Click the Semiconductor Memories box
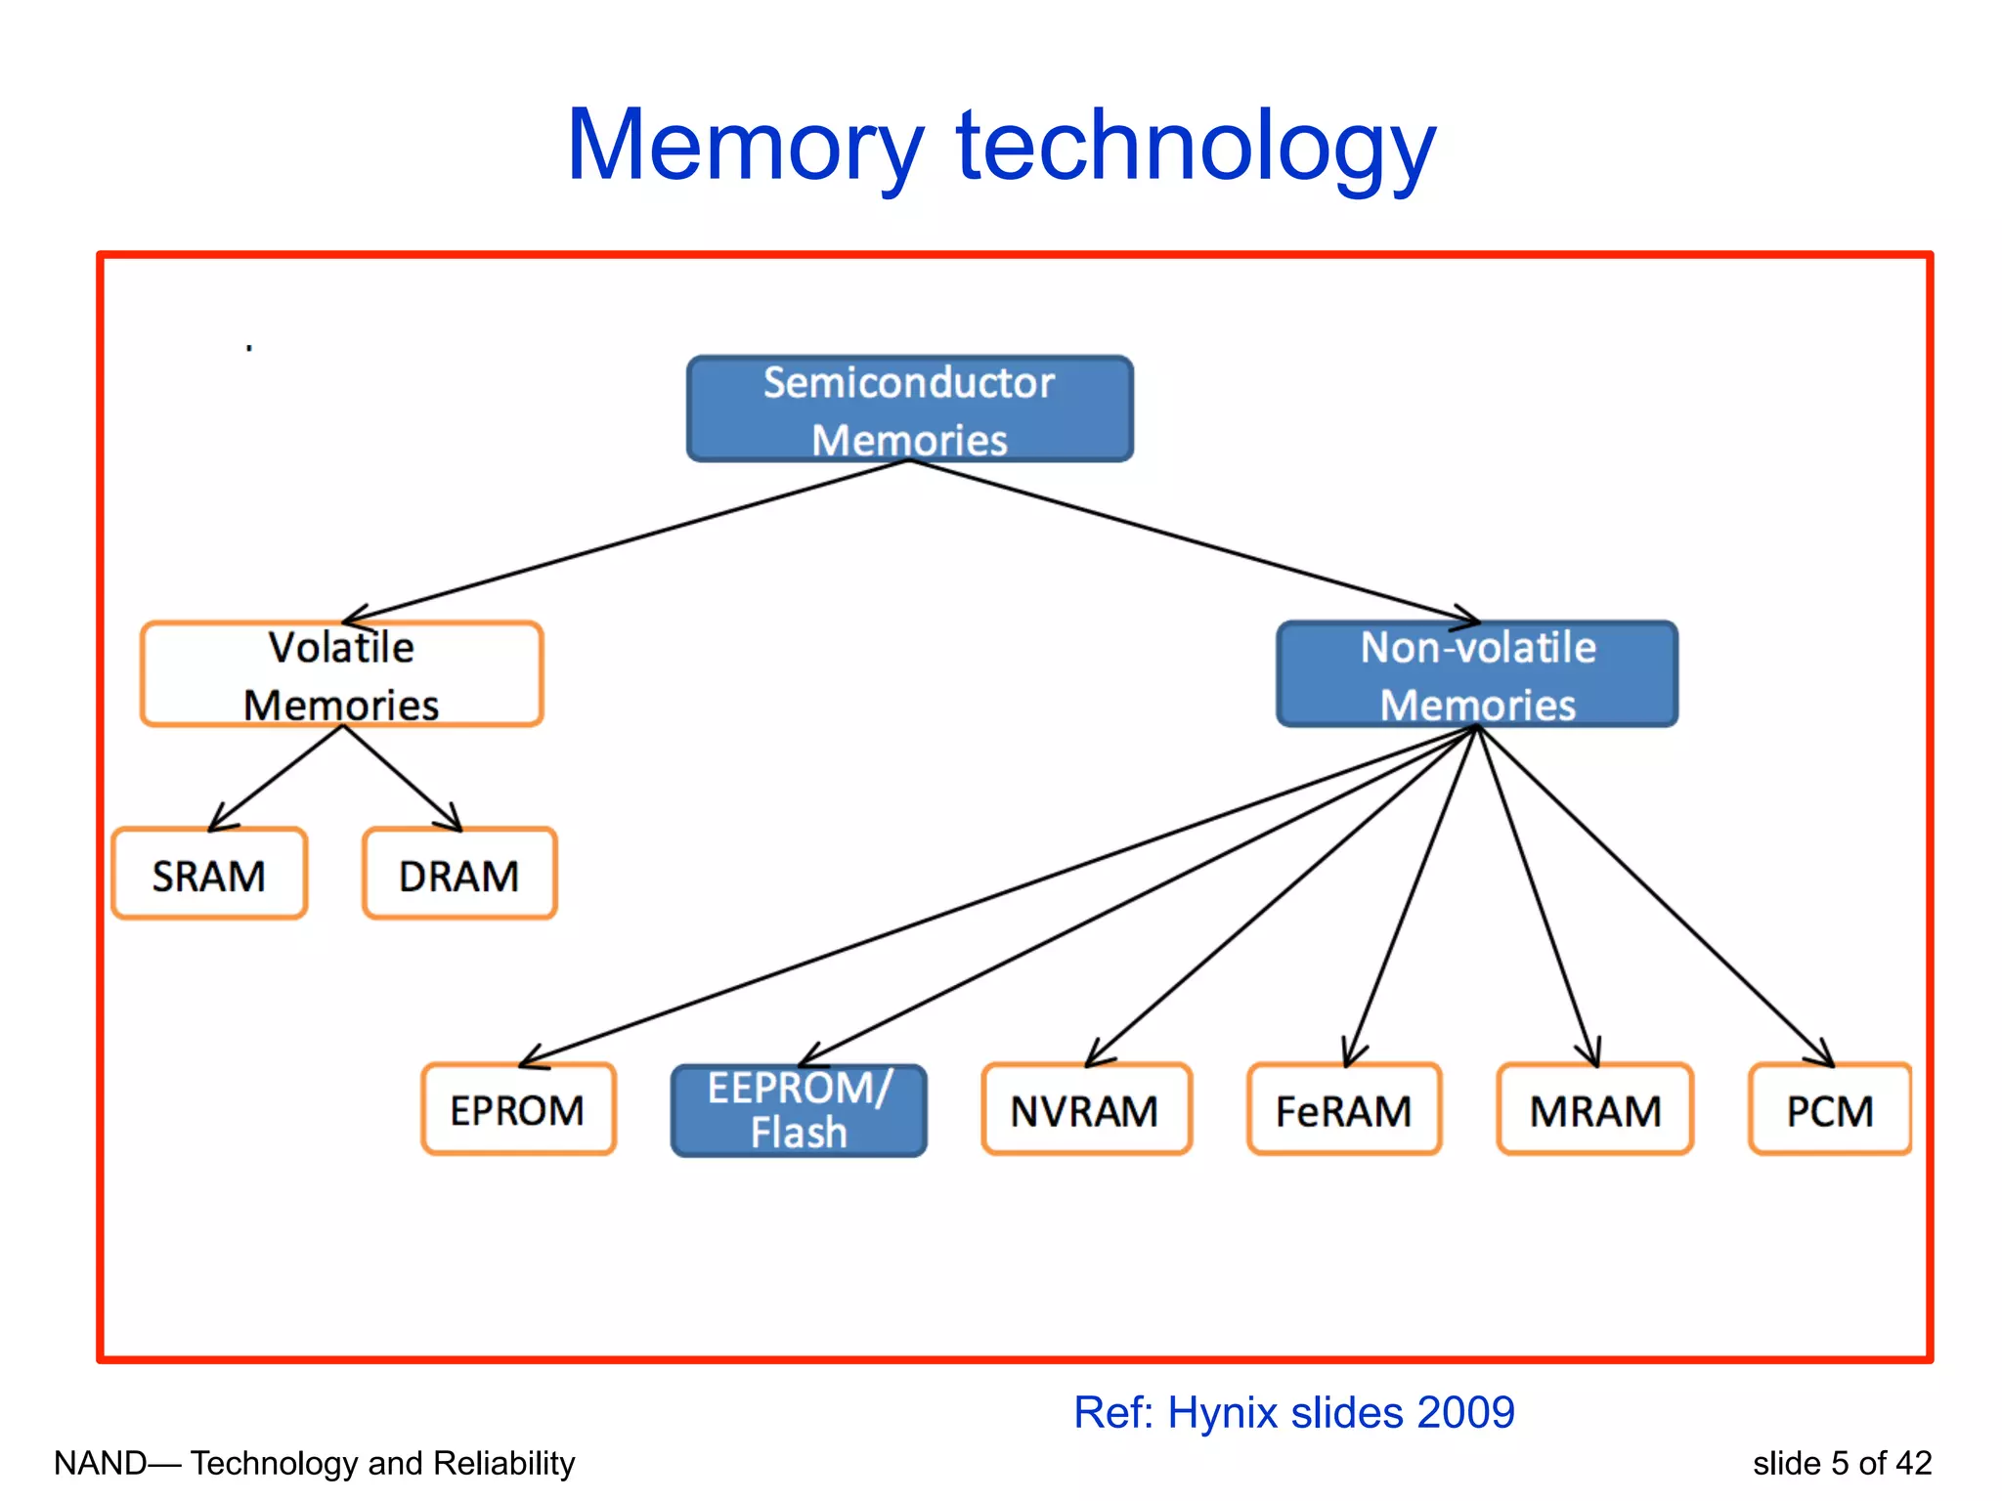(909, 408)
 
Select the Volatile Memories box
(341, 674)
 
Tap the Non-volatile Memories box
(1477, 674)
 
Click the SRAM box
(209, 875)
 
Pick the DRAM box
(459, 875)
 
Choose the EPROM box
(518, 1110)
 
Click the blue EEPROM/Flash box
(799, 1111)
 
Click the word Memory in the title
(745, 147)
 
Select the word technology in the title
(1196, 147)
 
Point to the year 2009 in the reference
(1465, 1412)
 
